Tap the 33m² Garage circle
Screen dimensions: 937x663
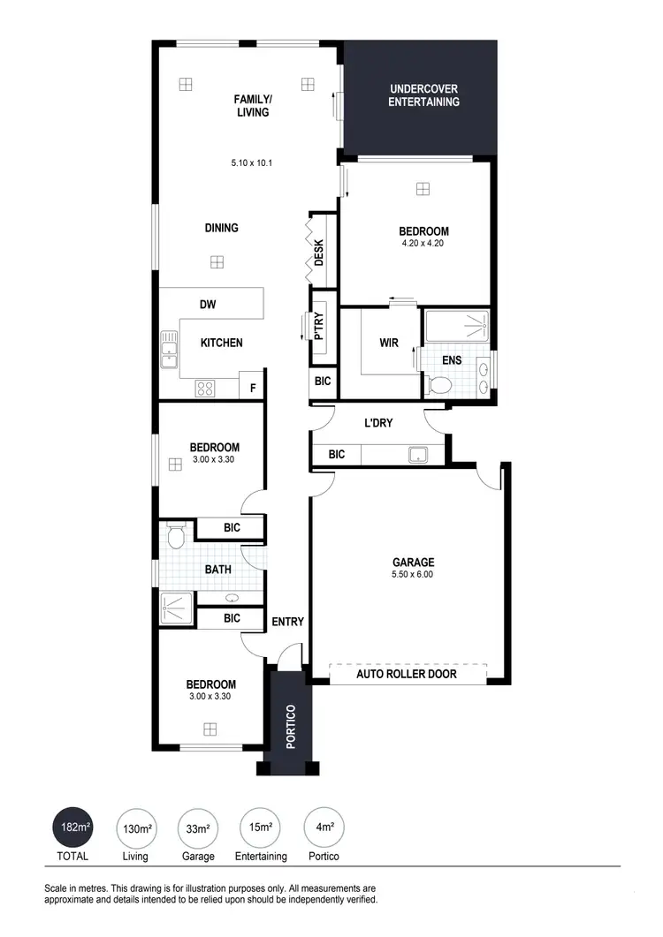pos(199,828)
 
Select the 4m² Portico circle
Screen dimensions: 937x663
pos(324,828)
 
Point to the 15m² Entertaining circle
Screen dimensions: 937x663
pos(261,828)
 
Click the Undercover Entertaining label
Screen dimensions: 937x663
pos(424,95)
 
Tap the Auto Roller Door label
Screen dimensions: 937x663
pos(407,674)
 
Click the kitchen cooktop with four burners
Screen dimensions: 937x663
pos(205,387)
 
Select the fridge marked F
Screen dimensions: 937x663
pos(253,387)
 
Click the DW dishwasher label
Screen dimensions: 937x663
pos(208,305)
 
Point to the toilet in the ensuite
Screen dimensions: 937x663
pos(438,384)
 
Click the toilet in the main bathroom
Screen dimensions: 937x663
pos(175,535)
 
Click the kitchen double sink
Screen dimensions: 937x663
pos(168,350)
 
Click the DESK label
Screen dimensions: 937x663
pos(319,253)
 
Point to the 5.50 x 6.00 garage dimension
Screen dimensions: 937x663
pos(414,574)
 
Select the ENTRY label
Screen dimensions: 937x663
pos(287,622)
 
